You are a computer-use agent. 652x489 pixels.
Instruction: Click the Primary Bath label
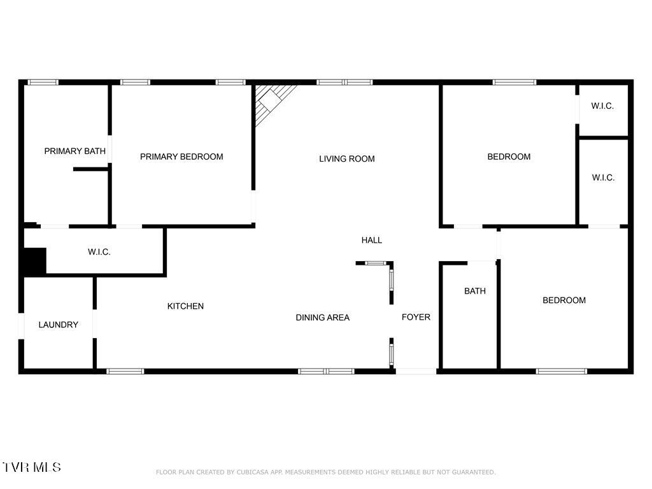click(x=74, y=151)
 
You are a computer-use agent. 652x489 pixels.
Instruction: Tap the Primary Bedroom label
click(x=181, y=157)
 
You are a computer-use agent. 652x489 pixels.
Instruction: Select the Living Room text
click(x=347, y=159)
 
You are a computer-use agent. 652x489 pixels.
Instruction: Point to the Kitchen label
click(x=185, y=306)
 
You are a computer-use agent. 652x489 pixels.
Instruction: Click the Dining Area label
click(x=322, y=317)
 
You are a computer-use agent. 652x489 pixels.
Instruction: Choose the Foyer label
click(x=416, y=317)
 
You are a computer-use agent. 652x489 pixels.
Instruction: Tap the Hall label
click(x=372, y=240)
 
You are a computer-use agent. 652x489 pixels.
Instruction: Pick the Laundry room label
click(x=58, y=325)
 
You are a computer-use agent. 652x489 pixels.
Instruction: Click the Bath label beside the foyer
click(x=474, y=291)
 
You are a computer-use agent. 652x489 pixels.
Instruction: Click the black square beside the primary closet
click(x=34, y=261)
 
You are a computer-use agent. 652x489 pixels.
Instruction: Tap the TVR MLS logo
click(x=31, y=467)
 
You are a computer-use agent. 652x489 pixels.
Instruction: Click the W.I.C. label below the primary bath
click(x=99, y=252)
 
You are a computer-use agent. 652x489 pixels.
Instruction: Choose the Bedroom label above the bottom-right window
click(x=563, y=301)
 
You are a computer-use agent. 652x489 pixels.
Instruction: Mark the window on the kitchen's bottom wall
click(x=125, y=371)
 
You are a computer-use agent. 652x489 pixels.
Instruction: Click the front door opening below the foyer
click(x=416, y=371)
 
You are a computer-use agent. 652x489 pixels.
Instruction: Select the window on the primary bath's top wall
click(x=43, y=82)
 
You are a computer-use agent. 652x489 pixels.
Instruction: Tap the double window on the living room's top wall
click(x=344, y=82)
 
